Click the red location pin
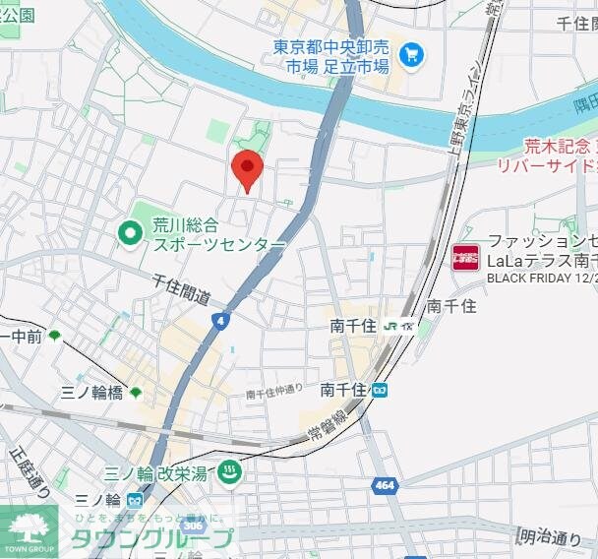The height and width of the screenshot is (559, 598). pos(246,170)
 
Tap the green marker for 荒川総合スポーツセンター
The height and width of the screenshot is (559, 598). pos(130,233)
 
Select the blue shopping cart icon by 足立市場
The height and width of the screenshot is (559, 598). pos(412,55)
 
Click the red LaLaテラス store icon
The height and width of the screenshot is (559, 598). pos(465,259)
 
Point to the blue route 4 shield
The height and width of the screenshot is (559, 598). pos(218,320)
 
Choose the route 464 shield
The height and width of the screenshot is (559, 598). pos(386,486)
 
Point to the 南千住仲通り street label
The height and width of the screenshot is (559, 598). pos(274,392)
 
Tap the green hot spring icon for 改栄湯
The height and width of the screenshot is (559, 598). pos(229,472)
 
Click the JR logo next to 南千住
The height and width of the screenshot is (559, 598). pos(392,327)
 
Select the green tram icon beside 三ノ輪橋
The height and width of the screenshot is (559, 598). pos(136,392)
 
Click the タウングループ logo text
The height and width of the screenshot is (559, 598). pos(150,537)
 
